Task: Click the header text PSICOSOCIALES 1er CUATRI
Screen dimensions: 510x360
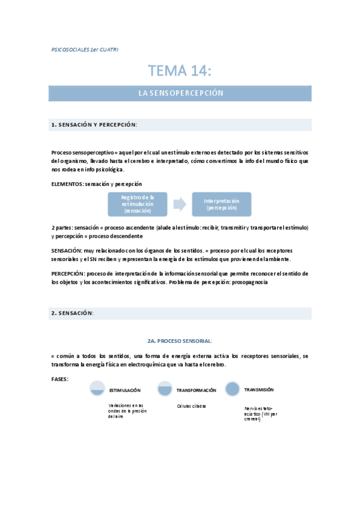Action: pyautogui.click(x=85, y=49)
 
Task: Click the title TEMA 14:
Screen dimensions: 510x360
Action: pyautogui.click(x=180, y=71)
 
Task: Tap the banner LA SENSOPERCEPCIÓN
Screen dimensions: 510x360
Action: pyautogui.click(x=180, y=93)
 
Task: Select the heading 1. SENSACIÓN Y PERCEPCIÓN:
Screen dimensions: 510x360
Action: pyautogui.click(x=94, y=125)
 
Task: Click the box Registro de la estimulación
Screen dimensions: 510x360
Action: pyautogui.click(x=138, y=204)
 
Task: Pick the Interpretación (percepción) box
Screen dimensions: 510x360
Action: pyautogui.click(x=221, y=204)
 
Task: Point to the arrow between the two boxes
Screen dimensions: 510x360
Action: pyautogui.click(x=179, y=204)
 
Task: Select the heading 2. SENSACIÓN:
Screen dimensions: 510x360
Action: pyautogui.click(x=72, y=313)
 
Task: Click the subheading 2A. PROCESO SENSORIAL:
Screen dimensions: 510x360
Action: pyautogui.click(x=180, y=340)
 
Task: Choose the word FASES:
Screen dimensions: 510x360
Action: pyautogui.click(x=60, y=379)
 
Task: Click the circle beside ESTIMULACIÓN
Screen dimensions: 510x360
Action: pyautogui.click(x=96, y=389)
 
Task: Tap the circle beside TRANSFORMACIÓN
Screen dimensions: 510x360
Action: pyautogui.click(x=165, y=389)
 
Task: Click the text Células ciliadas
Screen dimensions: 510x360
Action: pyautogui.click(x=191, y=406)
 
